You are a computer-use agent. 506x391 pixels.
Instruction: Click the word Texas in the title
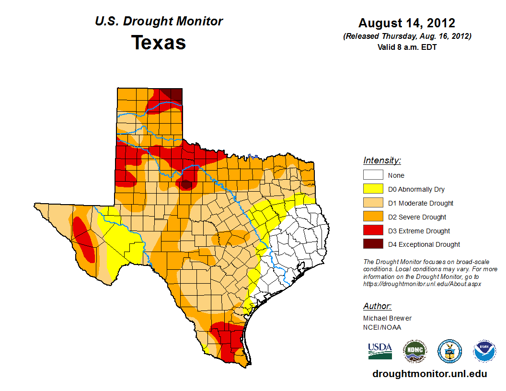[x=159, y=43]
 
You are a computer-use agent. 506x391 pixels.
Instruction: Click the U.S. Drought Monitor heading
[x=159, y=22]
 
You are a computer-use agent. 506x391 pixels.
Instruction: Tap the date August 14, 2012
[x=407, y=23]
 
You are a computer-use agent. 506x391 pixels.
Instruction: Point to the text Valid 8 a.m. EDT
[x=407, y=47]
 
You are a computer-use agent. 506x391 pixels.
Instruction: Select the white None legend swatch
[x=373, y=175]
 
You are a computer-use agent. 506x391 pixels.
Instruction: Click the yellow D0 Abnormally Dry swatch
[x=373, y=189]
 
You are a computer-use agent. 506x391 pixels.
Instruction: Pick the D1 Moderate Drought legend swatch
[x=373, y=203]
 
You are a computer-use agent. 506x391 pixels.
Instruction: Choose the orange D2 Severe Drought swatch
[x=373, y=217]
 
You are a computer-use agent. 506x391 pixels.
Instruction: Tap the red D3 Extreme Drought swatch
[x=373, y=231]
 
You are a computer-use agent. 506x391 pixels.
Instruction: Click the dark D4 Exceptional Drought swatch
[x=373, y=244]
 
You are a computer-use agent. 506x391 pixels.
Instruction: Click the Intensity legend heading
[x=382, y=161]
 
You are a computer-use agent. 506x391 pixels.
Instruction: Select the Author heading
[x=377, y=306]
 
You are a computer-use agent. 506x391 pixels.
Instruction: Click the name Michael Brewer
[x=387, y=318]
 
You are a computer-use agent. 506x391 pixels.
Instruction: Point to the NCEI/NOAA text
[x=382, y=327]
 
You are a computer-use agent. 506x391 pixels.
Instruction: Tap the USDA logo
[x=380, y=351]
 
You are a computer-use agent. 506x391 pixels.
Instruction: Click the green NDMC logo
[x=414, y=351]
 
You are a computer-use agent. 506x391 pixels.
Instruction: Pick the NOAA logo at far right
[x=484, y=351]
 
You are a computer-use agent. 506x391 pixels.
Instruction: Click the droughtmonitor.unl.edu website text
[x=430, y=374]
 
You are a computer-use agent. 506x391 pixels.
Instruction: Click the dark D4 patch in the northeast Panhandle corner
[x=177, y=94]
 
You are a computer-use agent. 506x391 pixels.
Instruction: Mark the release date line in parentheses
[x=407, y=36]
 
